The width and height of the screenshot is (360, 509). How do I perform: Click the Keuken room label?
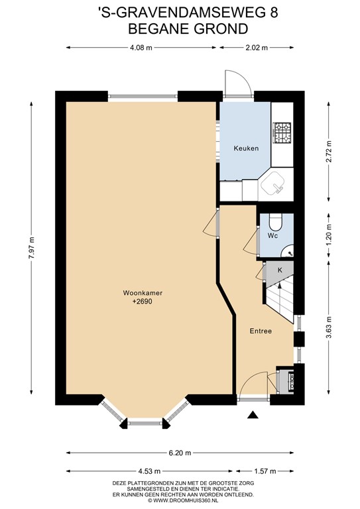[246, 148]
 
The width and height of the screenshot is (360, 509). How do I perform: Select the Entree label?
[261, 331]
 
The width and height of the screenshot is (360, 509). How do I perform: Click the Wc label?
[272, 236]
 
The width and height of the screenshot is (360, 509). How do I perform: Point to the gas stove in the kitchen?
[282, 133]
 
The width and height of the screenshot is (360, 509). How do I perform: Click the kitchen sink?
[274, 183]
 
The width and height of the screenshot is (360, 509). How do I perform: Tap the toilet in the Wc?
[276, 221]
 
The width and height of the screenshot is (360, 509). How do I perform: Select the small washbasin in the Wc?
[288, 251]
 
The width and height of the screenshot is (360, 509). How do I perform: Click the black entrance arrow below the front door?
[253, 415]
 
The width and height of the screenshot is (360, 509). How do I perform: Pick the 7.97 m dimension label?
[31, 248]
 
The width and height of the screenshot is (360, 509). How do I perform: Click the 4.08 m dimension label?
[141, 48]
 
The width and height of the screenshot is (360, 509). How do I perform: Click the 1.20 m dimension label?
[329, 235]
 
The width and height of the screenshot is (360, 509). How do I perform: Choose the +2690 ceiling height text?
[142, 302]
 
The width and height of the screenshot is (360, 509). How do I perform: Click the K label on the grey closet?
[280, 270]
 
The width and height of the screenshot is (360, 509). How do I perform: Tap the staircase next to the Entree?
[280, 299]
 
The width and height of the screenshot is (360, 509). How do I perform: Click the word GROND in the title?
[221, 29]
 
